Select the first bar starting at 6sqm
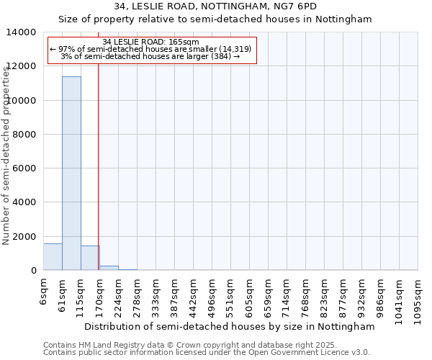pyautogui.click(x=53, y=257)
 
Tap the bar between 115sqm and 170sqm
pyautogui.click(x=90, y=258)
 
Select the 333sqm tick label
pyautogui.click(x=156, y=297)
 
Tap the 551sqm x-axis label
pyautogui.click(x=231, y=297)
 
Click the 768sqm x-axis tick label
pyautogui.click(x=306, y=297)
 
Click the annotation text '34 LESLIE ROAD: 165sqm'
pyautogui.click(x=151, y=42)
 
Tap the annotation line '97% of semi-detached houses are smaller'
pyautogui.click(x=151, y=49)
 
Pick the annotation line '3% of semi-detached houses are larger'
pyautogui.click(x=151, y=56)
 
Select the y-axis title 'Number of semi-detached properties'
pyautogui.click(x=6, y=153)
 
